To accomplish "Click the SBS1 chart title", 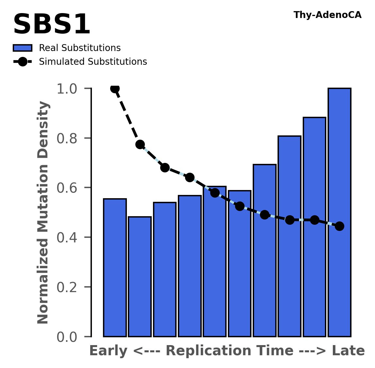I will click(51, 25).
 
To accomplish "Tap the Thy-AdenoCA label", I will click(327, 15).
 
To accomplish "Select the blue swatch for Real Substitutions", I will click(22, 48).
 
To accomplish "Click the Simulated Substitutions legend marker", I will click(22, 62).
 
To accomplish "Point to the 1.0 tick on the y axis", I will click(69, 89).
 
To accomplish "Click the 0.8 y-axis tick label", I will click(69, 138).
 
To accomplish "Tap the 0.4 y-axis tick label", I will click(69, 237).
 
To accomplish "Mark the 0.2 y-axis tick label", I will click(69, 287).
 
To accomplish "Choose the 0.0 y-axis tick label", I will click(69, 337).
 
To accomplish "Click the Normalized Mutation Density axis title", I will click(43, 212).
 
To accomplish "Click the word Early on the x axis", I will click(108, 351).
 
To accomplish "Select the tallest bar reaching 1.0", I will click(339, 213).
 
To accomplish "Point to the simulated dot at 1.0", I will click(115, 88).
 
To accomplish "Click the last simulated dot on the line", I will click(339, 226).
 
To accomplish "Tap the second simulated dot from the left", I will click(140, 144).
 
